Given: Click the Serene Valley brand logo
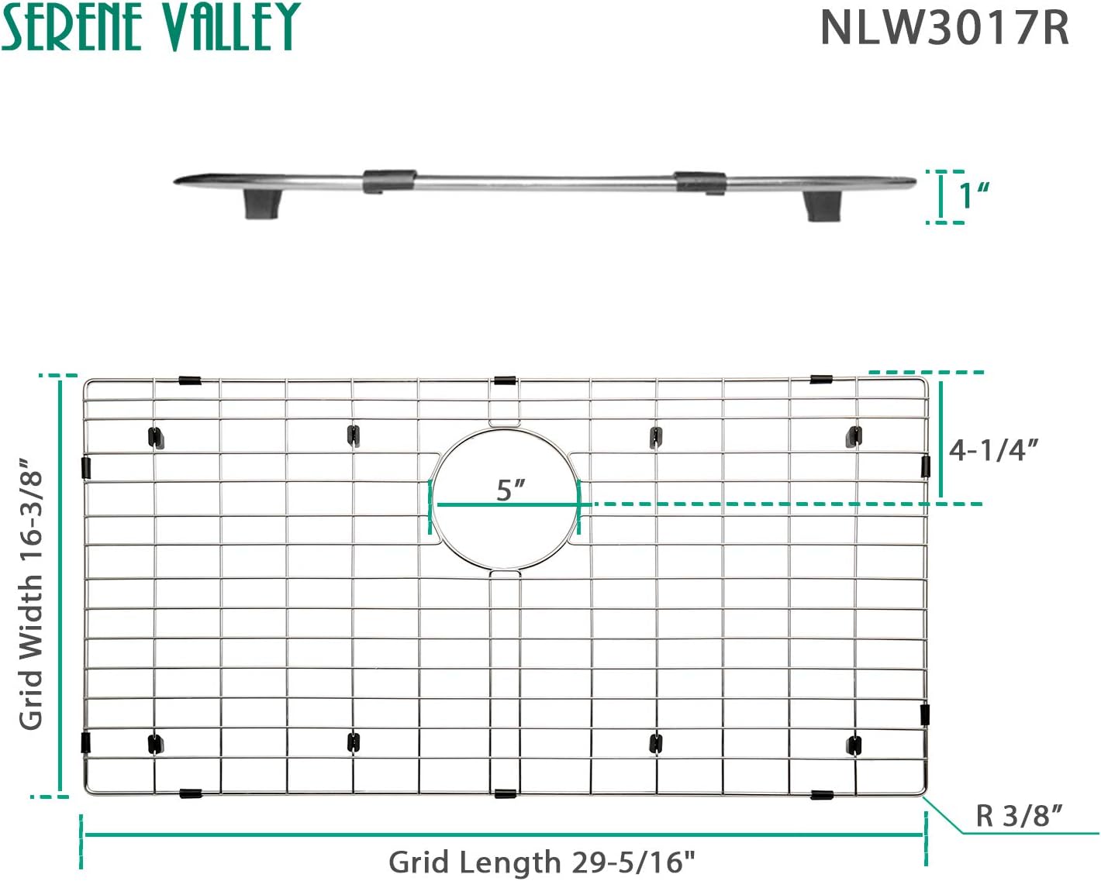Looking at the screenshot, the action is tap(151, 26).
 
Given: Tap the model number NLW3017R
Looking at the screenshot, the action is tap(944, 28).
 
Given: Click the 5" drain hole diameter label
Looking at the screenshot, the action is tap(511, 490).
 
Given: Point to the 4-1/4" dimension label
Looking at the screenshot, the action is tap(993, 450).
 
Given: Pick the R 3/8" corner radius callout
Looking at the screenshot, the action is tap(1019, 815).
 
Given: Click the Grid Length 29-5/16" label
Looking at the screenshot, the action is tap(542, 862).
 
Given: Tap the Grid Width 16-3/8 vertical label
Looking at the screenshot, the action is tap(31, 593).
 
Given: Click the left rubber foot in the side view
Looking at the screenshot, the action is tap(262, 204).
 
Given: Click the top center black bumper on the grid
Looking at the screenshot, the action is tap(505, 380).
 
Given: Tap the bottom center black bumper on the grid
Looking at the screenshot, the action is tap(506, 794).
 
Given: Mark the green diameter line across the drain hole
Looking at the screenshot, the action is tap(508, 505).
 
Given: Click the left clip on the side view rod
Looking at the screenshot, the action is tap(389, 181).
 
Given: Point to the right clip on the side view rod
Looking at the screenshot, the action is tap(700, 183).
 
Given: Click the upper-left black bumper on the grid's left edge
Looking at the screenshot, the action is tap(86, 468).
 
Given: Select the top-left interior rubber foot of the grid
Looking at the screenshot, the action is tap(156, 439).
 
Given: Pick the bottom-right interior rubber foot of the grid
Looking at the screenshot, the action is tap(854, 745).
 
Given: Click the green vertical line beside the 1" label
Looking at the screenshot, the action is tap(941, 196).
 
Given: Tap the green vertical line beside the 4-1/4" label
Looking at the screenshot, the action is tap(941, 439).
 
